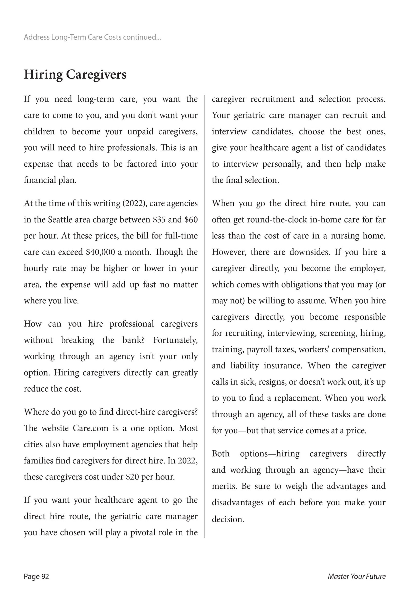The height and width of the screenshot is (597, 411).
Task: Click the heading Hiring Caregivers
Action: (75, 75)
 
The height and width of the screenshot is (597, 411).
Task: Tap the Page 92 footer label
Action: (36, 576)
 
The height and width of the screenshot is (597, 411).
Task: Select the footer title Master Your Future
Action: (356, 576)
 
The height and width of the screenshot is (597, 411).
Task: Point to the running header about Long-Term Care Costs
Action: (92, 37)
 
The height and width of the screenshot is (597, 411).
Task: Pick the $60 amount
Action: (191, 220)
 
